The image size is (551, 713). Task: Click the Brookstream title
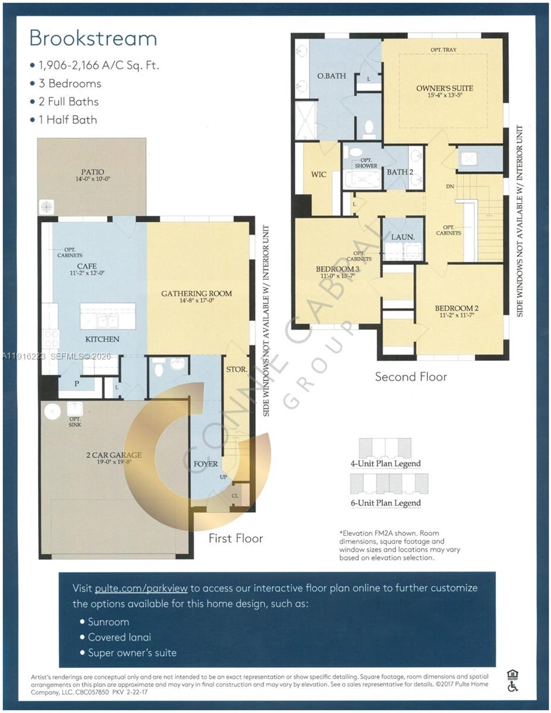[93, 38]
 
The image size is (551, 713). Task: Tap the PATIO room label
[92, 172]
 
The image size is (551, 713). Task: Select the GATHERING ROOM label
[196, 293]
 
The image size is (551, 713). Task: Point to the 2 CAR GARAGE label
[112, 455]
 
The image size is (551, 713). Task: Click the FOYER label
[206, 463]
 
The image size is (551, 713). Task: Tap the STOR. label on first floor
[237, 370]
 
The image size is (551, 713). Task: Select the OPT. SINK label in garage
[75, 422]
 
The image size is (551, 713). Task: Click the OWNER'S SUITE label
[445, 88]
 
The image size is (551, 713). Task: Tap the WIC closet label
[319, 175]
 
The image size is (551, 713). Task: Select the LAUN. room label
[402, 236]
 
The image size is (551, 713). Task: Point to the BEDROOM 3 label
[338, 269]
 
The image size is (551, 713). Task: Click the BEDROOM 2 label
[456, 308]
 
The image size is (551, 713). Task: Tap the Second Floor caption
[411, 376]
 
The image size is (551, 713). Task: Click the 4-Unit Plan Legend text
[385, 463]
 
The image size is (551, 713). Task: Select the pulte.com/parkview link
[141, 588]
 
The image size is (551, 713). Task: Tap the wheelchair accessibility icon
[512, 686]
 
